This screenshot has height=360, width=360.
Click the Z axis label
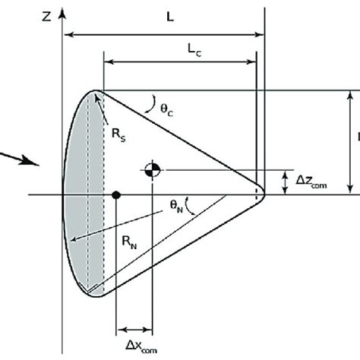[47, 14]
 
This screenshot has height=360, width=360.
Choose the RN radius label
[129, 242]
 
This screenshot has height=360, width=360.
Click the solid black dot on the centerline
[115, 195]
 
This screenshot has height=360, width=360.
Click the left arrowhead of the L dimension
[68, 33]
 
